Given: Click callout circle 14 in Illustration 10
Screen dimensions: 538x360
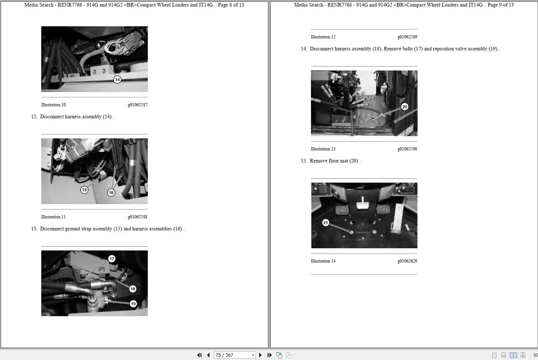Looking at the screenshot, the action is click(117, 80).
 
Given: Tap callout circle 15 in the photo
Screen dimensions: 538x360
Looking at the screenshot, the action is click(84, 190).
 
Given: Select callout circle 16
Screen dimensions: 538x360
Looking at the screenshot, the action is click(111, 192).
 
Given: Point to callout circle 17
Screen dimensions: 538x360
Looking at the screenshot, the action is click(112, 259).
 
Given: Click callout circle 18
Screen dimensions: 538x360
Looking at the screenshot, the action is click(132, 289).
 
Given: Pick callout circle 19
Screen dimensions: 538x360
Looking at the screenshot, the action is click(133, 304).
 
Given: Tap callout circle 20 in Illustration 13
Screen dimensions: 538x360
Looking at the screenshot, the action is click(405, 107).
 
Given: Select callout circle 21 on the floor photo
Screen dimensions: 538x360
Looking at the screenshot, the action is click(326, 223).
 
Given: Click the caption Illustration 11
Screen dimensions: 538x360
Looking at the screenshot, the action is click(53, 217).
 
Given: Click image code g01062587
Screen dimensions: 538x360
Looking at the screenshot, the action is click(138, 105).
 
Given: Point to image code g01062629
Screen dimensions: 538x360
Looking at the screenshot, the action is click(407, 261).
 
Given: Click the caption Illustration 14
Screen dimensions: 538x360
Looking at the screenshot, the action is click(323, 261).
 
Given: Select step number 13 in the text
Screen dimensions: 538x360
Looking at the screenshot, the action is click(34, 229).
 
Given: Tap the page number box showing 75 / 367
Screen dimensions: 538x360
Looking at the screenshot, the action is click(234, 355).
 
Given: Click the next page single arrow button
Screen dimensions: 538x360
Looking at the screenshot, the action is click(260, 355).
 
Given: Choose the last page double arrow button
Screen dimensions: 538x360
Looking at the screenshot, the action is click(269, 355).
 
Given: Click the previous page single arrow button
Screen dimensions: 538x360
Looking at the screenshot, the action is click(208, 355).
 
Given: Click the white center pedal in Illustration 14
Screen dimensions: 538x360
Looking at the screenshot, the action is click(362, 204).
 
